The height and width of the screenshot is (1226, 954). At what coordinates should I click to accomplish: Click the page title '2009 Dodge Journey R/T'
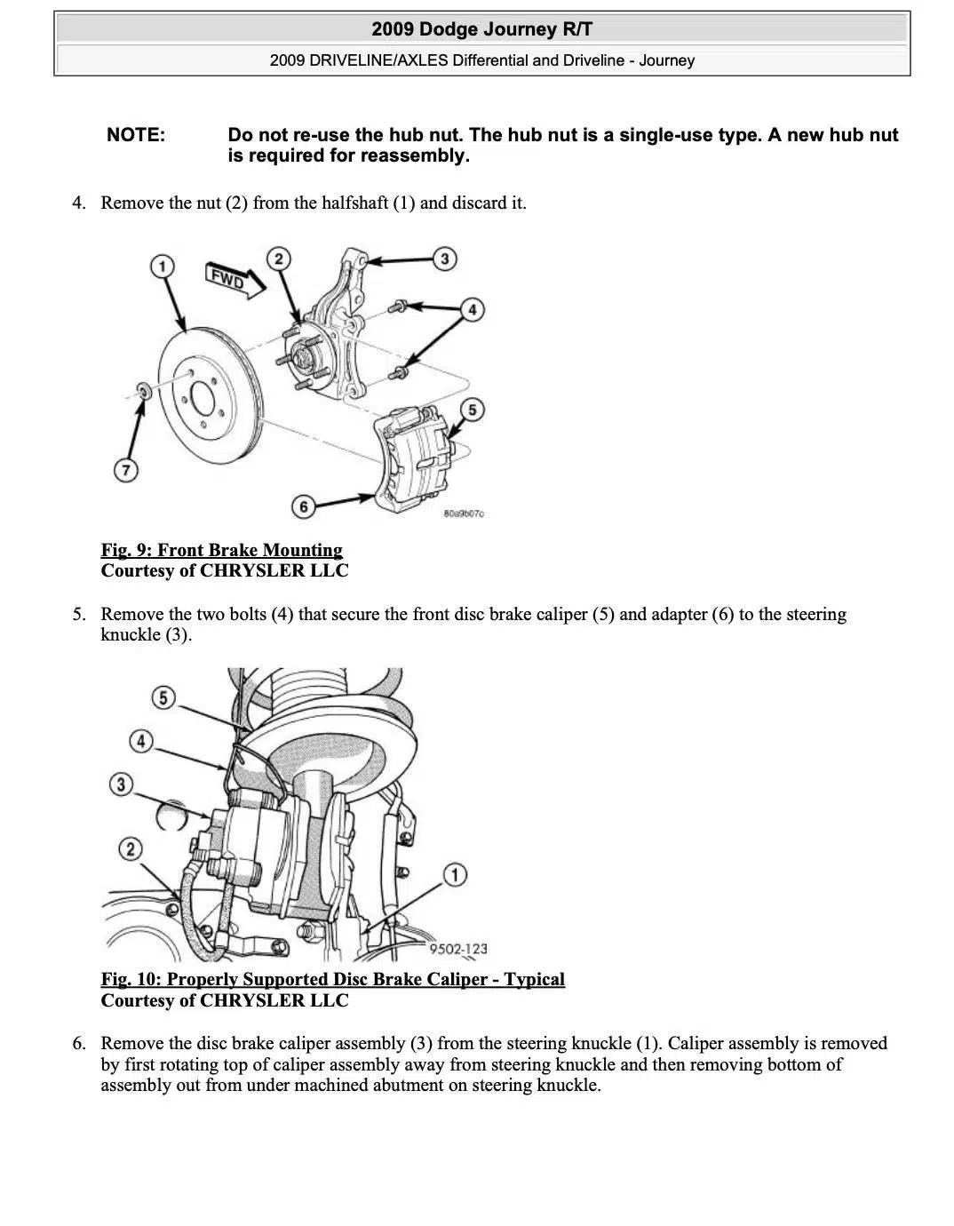click(481, 29)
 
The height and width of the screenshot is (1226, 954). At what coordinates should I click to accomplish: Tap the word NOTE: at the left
click(136, 135)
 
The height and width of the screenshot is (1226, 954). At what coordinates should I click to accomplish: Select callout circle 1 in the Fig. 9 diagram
click(162, 266)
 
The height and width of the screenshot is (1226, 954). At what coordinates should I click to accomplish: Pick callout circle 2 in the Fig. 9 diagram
click(279, 259)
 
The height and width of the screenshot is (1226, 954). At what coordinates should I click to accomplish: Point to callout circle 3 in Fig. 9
click(444, 259)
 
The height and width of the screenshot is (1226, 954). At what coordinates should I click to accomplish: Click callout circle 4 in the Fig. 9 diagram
click(472, 309)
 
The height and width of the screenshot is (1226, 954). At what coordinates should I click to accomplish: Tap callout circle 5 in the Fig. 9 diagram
click(472, 410)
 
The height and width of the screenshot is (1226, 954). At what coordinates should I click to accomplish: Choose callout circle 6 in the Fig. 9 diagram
click(304, 506)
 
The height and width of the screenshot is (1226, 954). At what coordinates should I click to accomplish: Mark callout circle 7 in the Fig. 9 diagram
click(126, 470)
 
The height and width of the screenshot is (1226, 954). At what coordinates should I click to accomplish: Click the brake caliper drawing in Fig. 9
click(413, 460)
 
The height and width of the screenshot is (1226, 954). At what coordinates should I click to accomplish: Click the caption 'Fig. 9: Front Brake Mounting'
click(221, 550)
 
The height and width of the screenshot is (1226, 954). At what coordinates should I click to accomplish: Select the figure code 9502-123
click(458, 949)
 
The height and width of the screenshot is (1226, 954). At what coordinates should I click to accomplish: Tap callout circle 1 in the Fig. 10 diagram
click(454, 875)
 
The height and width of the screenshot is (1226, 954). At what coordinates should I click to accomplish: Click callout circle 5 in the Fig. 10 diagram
click(163, 697)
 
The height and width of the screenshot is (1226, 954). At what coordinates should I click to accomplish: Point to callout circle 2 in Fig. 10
click(131, 848)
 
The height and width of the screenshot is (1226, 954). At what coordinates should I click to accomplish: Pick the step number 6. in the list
click(79, 1043)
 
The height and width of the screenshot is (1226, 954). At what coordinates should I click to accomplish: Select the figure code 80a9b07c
click(464, 513)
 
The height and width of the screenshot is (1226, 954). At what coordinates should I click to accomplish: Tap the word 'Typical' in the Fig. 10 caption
click(535, 979)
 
